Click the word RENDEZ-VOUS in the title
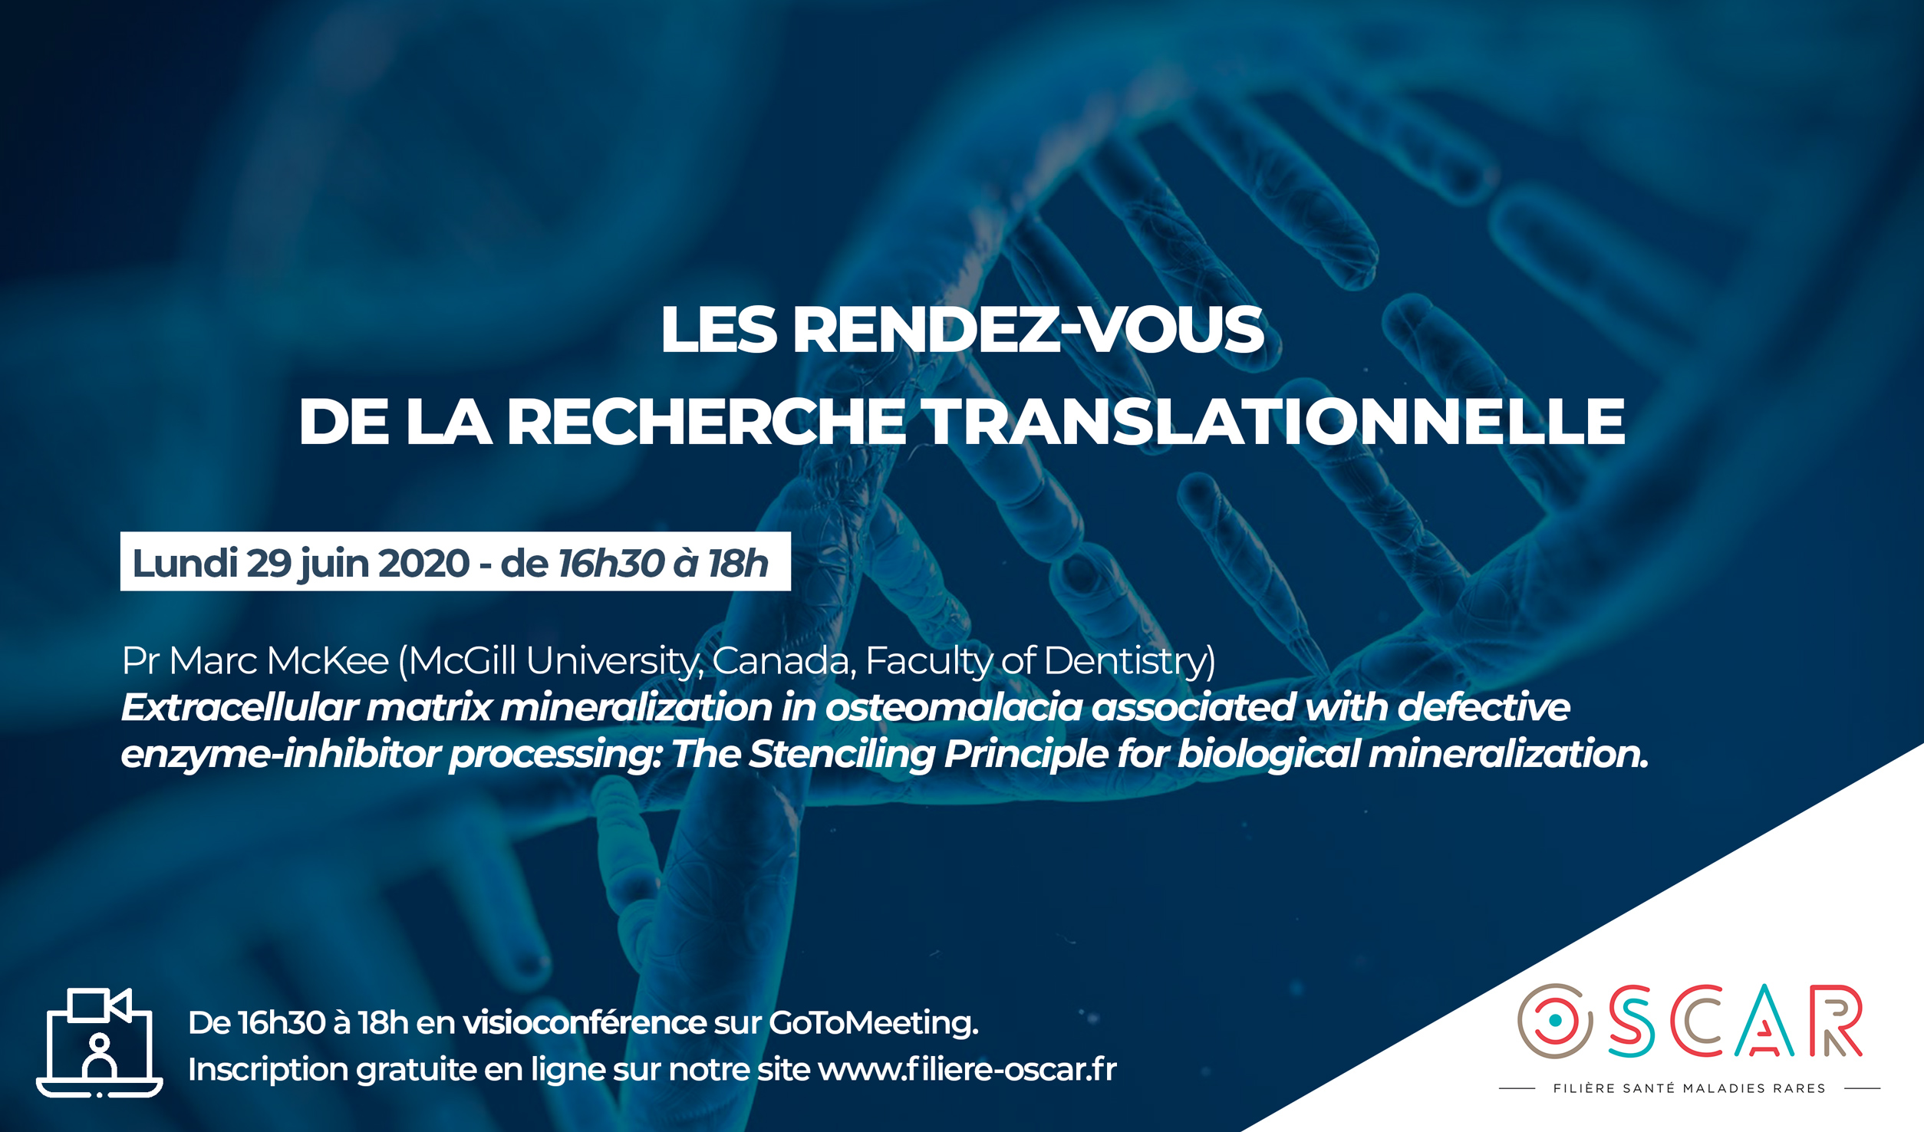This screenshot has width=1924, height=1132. pyautogui.click(x=1028, y=330)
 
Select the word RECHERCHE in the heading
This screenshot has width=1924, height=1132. pyautogui.click(x=706, y=421)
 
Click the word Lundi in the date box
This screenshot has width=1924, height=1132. pyautogui.click(x=185, y=563)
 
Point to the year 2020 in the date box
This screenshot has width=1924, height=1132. pyautogui.click(x=423, y=563)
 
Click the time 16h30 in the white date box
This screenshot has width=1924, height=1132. pyautogui.click(x=611, y=563)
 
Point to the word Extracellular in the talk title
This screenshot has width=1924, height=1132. pyautogui.click(x=239, y=706)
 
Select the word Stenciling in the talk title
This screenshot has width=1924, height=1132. pyautogui.click(x=842, y=754)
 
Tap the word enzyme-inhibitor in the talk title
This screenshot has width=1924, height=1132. pyautogui.click(x=280, y=754)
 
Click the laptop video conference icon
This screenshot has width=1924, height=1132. pyautogui.click(x=100, y=1043)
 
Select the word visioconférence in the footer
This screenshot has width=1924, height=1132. pyautogui.click(x=584, y=1022)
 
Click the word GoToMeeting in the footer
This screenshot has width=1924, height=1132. pyautogui.click(x=873, y=1022)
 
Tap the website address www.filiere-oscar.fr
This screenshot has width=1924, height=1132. pyautogui.click(x=967, y=1069)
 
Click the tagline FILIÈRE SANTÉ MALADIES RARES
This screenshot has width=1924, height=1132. pyautogui.click(x=1689, y=1088)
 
